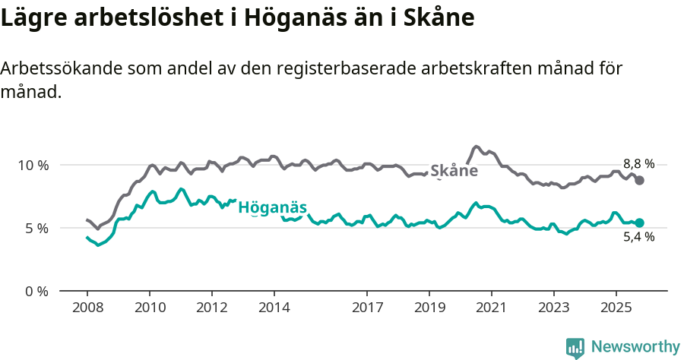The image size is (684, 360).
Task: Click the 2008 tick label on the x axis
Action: [x=87, y=308]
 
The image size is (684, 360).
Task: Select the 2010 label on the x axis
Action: [x=149, y=308]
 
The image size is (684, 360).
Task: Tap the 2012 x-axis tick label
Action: [x=211, y=308]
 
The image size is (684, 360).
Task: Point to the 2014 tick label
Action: [x=274, y=308]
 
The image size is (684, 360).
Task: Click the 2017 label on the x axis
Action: [x=367, y=308]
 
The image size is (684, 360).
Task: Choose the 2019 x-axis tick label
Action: [x=429, y=308]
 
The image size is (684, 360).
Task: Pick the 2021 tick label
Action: [x=492, y=308]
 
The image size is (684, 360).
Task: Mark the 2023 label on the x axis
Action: [x=554, y=308]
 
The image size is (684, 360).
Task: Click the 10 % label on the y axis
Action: [x=32, y=166]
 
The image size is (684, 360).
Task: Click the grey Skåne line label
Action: [x=454, y=171]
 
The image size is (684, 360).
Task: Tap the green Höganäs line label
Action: [x=272, y=208]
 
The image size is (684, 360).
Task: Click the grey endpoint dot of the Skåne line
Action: [x=640, y=180]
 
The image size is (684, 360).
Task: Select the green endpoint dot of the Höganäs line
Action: [x=639, y=223]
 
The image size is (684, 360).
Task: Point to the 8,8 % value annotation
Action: [x=638, y=163]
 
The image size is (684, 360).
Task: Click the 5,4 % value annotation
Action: [x=638, y=237]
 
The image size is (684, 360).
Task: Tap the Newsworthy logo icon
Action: [x=575, y=348]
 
